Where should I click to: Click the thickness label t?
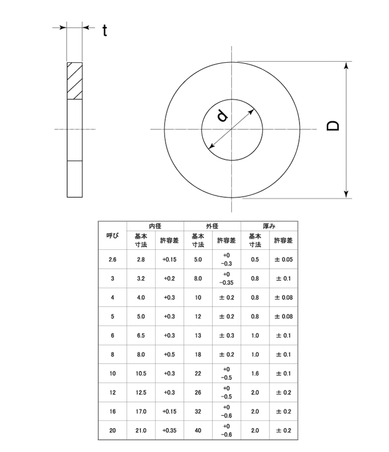point(104,31)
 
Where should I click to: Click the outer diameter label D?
point(333,126)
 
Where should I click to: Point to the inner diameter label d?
point(222,116)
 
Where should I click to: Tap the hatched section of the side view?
point(74,81)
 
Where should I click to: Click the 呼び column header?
point(112,235)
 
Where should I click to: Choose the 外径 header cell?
point(212,227)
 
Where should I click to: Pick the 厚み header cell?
point(269,227)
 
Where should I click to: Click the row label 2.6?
point(112,259)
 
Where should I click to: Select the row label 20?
point(112,430)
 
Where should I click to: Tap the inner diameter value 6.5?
point(141,335)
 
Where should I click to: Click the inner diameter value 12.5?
point(141,393)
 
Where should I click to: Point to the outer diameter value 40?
point(198,430)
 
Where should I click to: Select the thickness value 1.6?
point(255,374)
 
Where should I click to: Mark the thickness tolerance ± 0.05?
point(283,259)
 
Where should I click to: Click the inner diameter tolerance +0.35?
point(169,430)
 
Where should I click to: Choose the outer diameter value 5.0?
point(198,259)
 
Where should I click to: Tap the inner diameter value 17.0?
point(141,411)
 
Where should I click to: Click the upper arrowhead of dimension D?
point(347,66)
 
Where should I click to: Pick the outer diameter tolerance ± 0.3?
point(226,335)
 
